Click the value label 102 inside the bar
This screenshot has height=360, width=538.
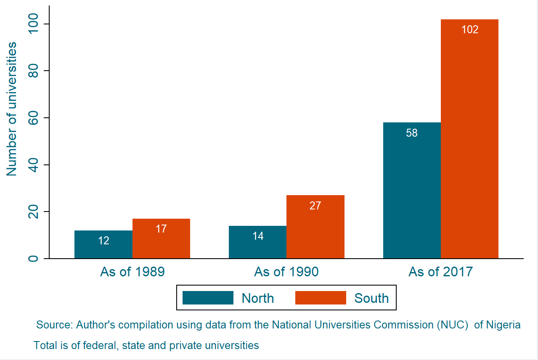point(470,30)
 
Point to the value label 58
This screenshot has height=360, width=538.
point(412,133)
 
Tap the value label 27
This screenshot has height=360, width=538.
point(315,206)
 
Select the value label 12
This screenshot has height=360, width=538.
point(103,241)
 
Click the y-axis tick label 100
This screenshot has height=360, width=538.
point(33,24)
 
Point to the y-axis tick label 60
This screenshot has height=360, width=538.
point(33,118)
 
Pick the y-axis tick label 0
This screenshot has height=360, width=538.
point(33,258)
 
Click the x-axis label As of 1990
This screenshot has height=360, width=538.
point(286,272)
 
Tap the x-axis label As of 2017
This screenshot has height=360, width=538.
point(441,272)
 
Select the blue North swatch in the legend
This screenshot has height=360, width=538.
point(208,298)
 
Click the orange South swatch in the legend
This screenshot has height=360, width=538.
point(321,298)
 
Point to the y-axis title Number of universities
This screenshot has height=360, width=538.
point(12,109)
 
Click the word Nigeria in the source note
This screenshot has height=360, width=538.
point(504,325)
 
